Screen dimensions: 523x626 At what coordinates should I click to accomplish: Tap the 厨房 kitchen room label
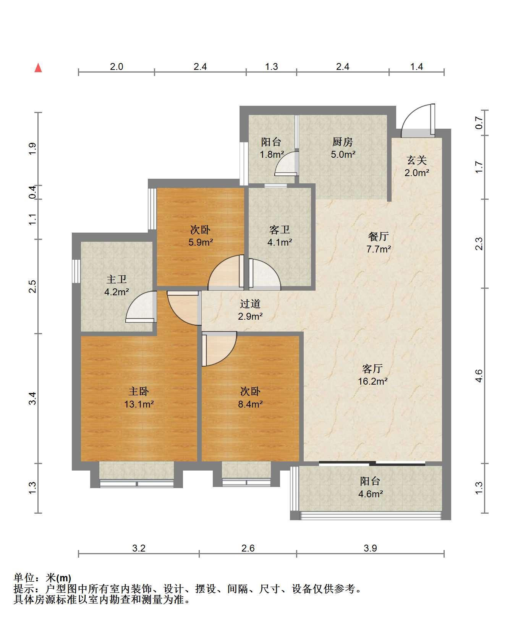click(342, 142)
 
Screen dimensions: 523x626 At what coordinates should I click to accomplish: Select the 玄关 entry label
click(416, 160)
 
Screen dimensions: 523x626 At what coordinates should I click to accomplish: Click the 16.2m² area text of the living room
click(372, 381)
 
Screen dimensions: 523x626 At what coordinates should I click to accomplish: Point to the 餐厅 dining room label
click(378, 236)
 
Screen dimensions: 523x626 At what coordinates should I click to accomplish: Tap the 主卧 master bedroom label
click(139, 391)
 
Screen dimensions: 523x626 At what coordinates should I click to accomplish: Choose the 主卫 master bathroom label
click(117, 280)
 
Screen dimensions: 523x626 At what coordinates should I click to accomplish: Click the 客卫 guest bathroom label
click(280, 230)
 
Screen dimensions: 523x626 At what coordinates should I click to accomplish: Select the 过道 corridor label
click(250, 304)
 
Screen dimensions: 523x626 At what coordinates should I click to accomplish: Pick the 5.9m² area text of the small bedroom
click(201, 242)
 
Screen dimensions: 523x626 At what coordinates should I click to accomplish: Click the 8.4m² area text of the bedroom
click(250, 404)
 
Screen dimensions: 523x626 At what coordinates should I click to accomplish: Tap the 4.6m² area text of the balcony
click(371, 494)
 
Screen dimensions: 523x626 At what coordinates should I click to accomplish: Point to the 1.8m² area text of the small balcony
click(272, 155)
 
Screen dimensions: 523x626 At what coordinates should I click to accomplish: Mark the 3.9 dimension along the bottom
click(370, 548)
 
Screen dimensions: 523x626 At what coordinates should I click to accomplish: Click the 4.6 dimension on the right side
click(479, 376)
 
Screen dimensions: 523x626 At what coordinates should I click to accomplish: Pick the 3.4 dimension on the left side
click(33, 399)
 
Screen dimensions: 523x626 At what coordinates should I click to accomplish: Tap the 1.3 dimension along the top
click(271, 67)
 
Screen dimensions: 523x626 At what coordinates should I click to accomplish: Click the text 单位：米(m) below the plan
click(42, 578)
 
